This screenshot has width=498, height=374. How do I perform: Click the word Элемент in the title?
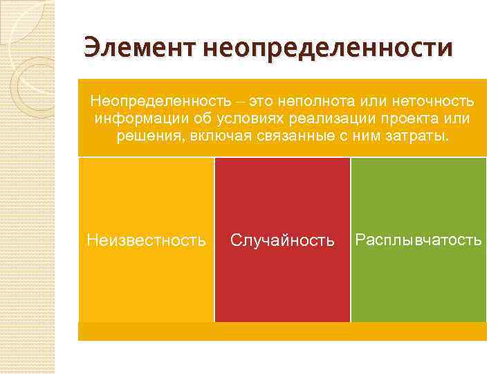point(138,48)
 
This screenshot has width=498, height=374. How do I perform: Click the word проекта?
point(405,119)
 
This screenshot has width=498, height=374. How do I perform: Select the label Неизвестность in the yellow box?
point(146,240)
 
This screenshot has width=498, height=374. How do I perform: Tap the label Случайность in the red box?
point(282,240)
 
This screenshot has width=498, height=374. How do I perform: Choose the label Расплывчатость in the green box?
point(418,240)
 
